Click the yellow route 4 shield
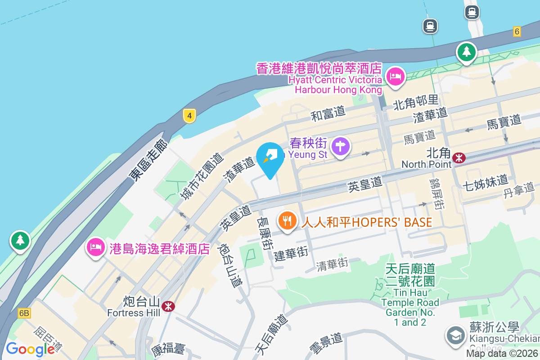coord(189,116)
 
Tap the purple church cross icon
coord(341,146)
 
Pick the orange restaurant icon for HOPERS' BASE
coord(287,220)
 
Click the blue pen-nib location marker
coord(270,158)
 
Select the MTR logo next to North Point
coord(459,158)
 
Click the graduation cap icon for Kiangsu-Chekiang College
coord(455,335)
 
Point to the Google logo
coord(30,349)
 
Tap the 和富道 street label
coord(328,113)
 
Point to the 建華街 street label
coord(291,254)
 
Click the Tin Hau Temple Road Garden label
coord(410,295)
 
